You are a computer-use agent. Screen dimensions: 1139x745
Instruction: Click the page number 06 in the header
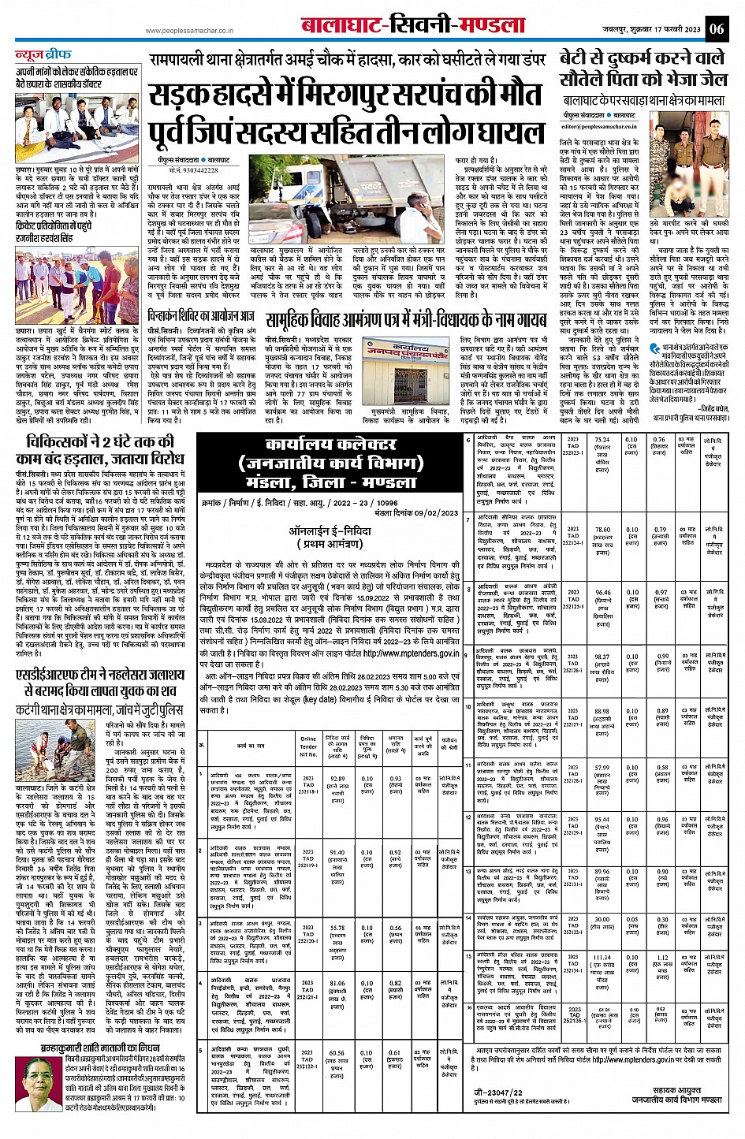(x=717, y=28)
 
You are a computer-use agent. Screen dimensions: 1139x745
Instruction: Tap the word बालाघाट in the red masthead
(x=341, y=26)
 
